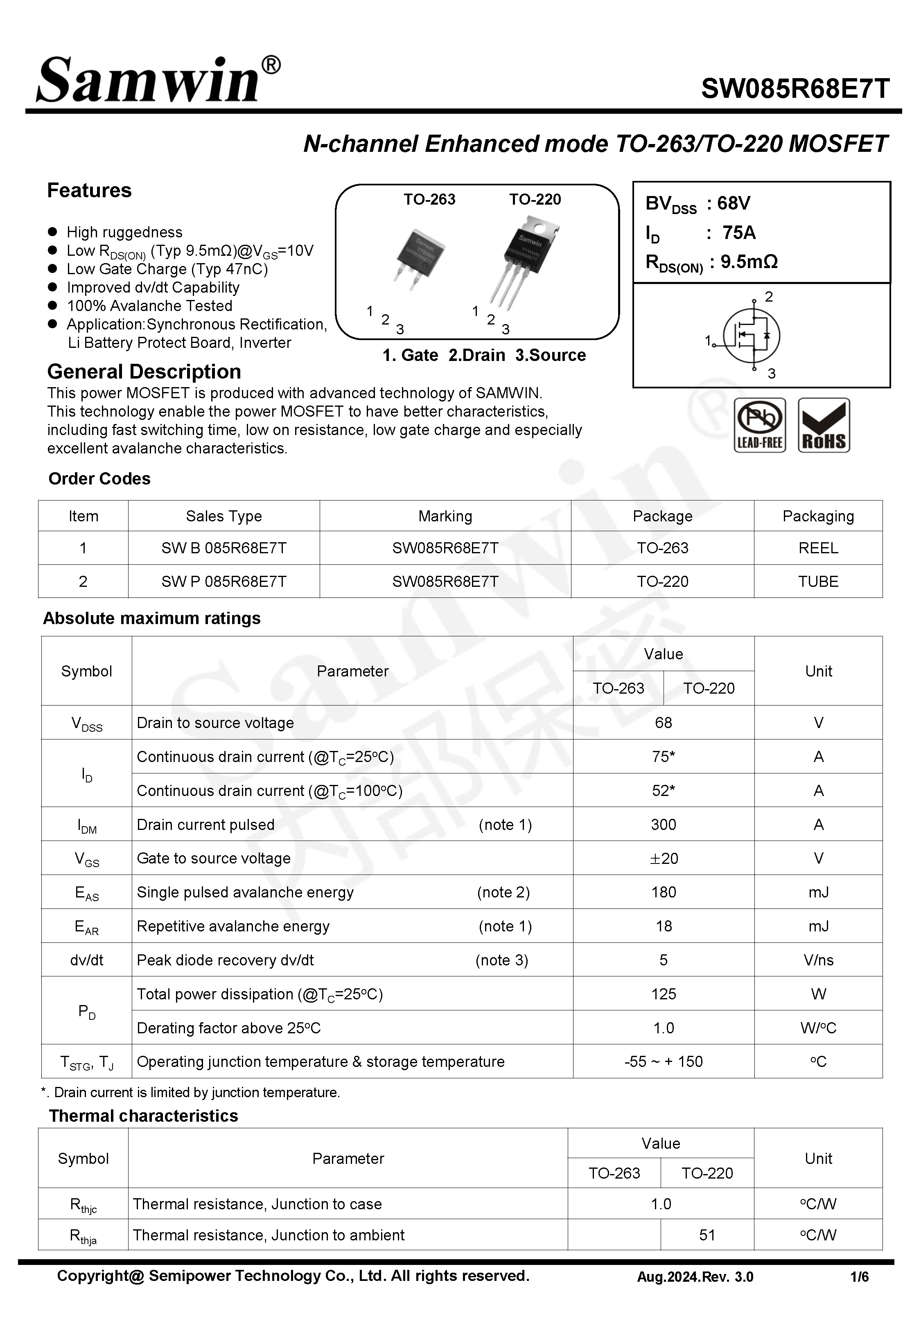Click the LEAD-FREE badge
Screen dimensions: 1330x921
(x=759, y=425)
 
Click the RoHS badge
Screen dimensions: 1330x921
(x=824, y=425)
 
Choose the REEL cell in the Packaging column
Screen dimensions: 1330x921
(x=818, y=548)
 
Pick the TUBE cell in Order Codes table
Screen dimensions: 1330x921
(x=818, y=582)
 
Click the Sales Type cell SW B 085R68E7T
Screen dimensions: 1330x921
(x=224, y=548)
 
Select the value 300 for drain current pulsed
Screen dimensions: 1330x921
(x=663, y=824)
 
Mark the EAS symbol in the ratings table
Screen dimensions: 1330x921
(x=86, y=893)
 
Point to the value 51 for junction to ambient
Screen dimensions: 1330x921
(x=707, y=1235)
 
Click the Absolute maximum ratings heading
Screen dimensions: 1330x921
(x=152, y=618)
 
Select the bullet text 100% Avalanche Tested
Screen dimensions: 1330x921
(x=149, y=306)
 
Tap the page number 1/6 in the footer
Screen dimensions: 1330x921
(x=859, y=1277)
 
